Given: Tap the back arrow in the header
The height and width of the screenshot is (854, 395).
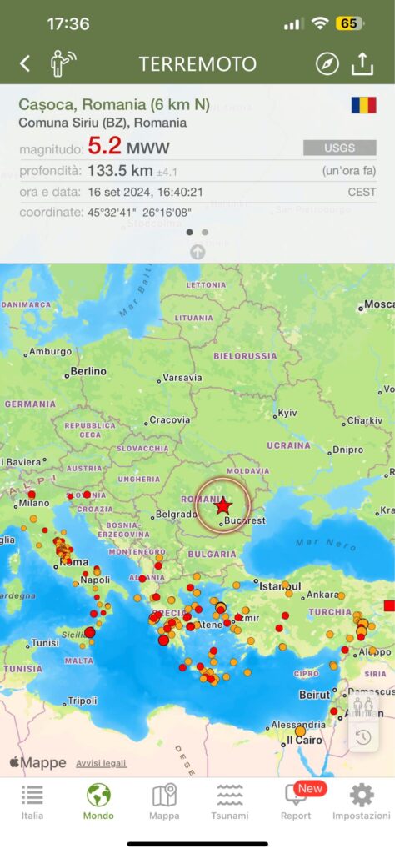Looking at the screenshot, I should (25, 63).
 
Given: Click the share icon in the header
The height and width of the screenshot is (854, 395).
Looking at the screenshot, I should (362, 63).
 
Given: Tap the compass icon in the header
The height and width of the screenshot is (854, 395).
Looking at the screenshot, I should (327, 63).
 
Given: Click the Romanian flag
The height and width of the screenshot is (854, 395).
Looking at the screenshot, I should (363, 106).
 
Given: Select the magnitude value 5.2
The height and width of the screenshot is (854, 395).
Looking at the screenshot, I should (105, 147).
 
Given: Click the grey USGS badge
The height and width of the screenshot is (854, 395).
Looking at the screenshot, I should (333, 148).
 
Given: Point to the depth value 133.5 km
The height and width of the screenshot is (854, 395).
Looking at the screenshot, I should (120, 170).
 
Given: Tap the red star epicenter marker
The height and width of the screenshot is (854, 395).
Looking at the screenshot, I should (222, 505).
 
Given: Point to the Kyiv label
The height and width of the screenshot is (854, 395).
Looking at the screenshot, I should (287, 413).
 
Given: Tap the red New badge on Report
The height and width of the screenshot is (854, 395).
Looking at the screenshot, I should (310, 788).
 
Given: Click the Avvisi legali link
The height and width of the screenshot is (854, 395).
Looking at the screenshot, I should (101, 763).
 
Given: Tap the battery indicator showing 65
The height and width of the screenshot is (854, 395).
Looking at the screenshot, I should (348, 23).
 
